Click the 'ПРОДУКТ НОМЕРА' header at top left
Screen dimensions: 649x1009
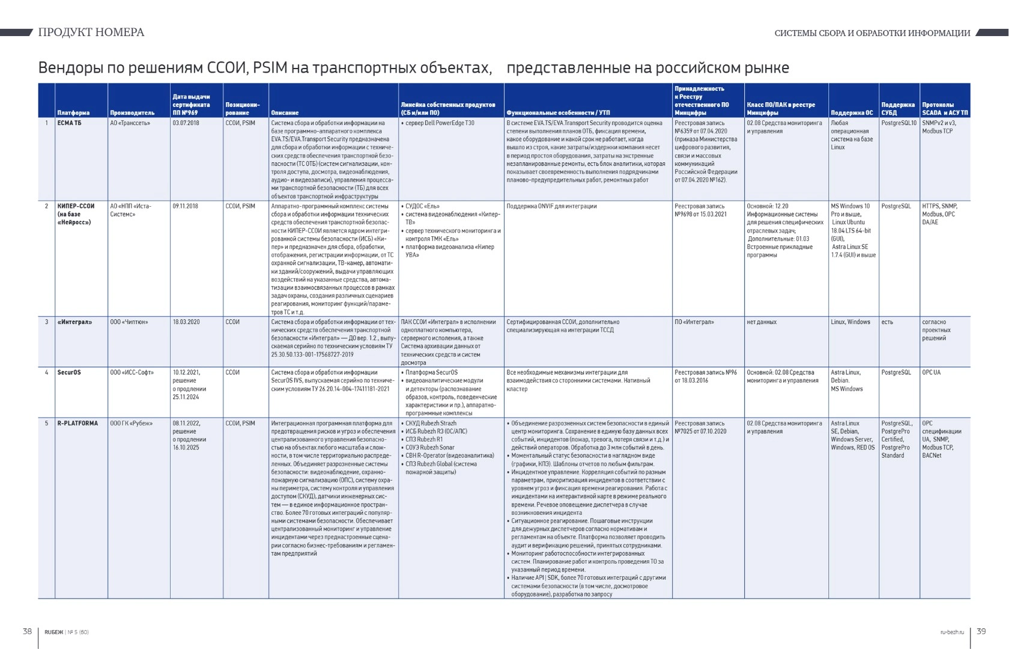pos(91,32)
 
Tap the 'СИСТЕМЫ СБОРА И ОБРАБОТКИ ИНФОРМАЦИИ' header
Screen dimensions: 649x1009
pos(872,33)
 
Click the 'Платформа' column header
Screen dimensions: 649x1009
pos(73,112)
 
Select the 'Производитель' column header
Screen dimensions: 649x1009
pos(132,112)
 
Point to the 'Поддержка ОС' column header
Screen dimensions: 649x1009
pos(852,112)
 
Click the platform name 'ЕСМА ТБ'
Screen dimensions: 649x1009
pos(69,123)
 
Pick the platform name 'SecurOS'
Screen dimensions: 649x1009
pos(69,373)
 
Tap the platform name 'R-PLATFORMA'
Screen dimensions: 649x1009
pos(77,424)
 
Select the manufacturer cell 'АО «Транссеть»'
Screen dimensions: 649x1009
pos(130,123)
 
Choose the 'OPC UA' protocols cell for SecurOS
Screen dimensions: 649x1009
pos(932,373)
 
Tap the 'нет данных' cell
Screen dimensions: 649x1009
pos(762,322)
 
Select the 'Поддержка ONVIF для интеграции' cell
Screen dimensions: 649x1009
pos(551,206)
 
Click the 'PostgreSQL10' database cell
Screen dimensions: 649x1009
pos(899,123)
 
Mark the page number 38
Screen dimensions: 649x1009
pos(27,631)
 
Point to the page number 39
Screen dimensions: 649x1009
pos(981,631)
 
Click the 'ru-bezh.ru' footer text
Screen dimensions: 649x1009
pos(952,632)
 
